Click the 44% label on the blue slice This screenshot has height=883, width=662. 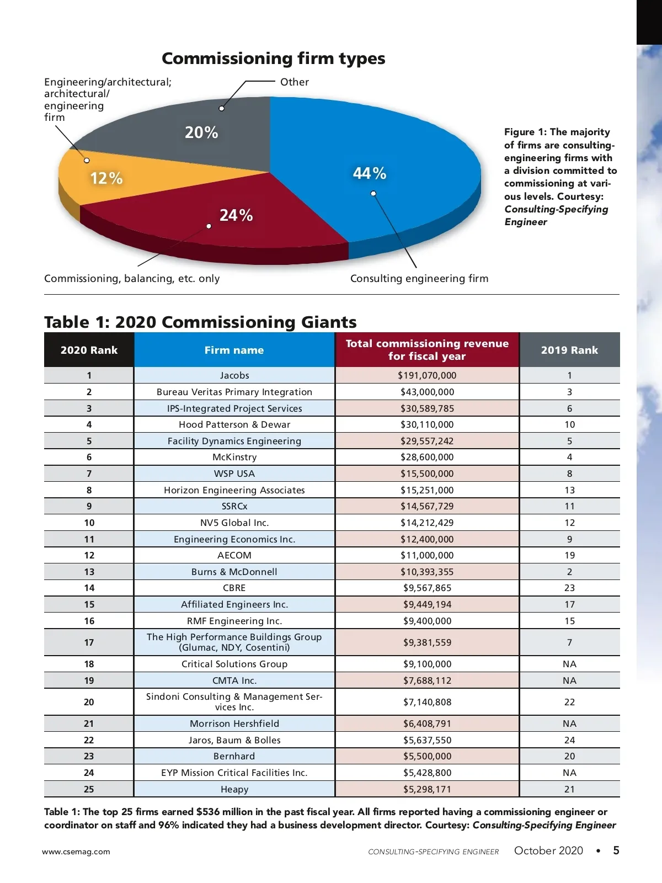click(370, 173)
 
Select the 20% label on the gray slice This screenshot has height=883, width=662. click(201, 132)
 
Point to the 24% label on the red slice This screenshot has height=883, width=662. click(236, 215)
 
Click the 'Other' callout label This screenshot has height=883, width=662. click(295, 82)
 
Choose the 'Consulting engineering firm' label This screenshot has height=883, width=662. click(419, 279)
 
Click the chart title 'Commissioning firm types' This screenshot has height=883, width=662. click(273, 58)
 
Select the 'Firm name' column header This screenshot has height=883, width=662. click(234, 350)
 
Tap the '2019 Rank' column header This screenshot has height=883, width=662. click(569, 350)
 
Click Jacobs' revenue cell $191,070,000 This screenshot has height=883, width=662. click(427, 375)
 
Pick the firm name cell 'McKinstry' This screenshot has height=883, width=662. click(234, 457)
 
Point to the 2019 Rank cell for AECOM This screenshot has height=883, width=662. click(569, 555)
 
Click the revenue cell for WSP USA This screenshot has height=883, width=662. click(427, 474)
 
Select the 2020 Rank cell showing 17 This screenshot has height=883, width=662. click(89, 642)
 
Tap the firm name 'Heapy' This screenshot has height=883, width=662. click(234, 789)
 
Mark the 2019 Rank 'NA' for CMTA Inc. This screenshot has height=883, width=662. click(569, 680)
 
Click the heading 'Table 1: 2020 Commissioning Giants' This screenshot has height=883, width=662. click(200, 322)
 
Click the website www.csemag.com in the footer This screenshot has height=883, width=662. click(76, 852)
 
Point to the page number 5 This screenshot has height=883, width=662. click(616, 850)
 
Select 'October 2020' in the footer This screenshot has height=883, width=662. click(548, 850)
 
